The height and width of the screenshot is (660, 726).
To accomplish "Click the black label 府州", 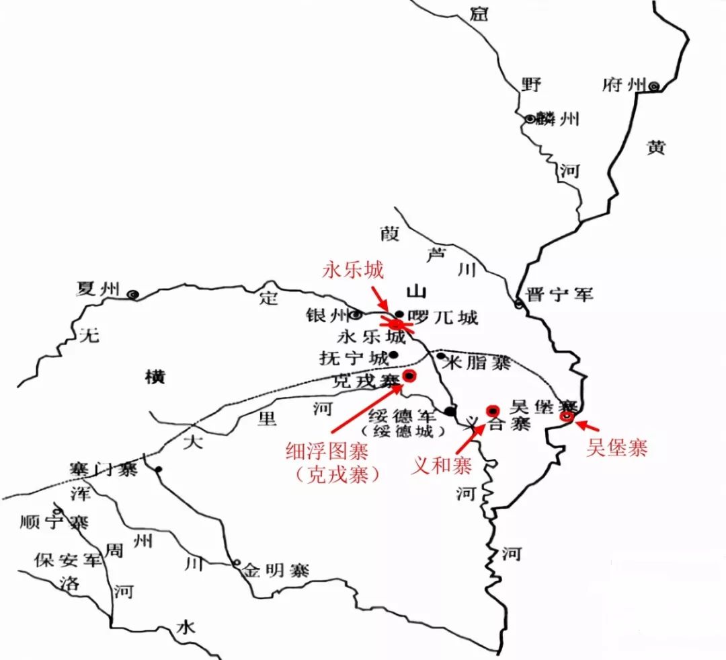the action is (x=624, y=85).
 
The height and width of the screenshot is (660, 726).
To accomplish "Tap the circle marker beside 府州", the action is (x=653, y=85).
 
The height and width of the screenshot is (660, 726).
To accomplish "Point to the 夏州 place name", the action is (x=98, y=290).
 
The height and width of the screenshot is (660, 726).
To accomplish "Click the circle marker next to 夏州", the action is (x=134, y=294).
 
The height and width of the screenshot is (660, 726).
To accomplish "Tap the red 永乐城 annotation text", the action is (x=353, y=270).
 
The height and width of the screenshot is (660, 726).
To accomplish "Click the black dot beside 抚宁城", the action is (x=393, y=354).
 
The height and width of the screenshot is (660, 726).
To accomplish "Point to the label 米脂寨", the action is (x=481, y=363).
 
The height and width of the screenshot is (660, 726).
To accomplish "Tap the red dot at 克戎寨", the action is (x=409, y=375).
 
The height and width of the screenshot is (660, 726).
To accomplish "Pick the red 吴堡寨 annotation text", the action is (x=617, y=448).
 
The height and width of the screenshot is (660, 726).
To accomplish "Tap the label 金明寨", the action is (x=275, y=570).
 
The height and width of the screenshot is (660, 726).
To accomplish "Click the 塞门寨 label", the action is (x=102, y=469).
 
